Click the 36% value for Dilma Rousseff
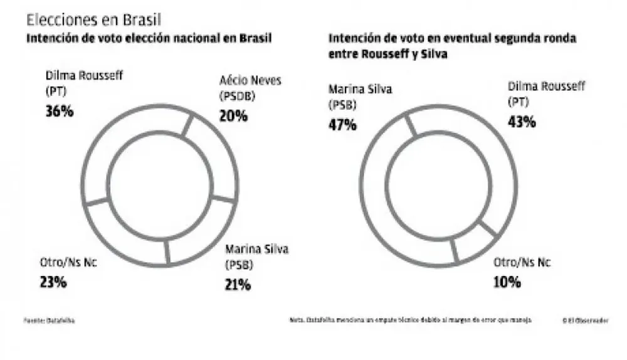pos(60,114)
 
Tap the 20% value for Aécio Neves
pos(233,115)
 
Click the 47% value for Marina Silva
pos(342,124)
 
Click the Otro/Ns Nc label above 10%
pos(522,262)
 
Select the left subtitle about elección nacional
pos(149,38)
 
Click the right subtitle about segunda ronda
pos(451,46)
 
